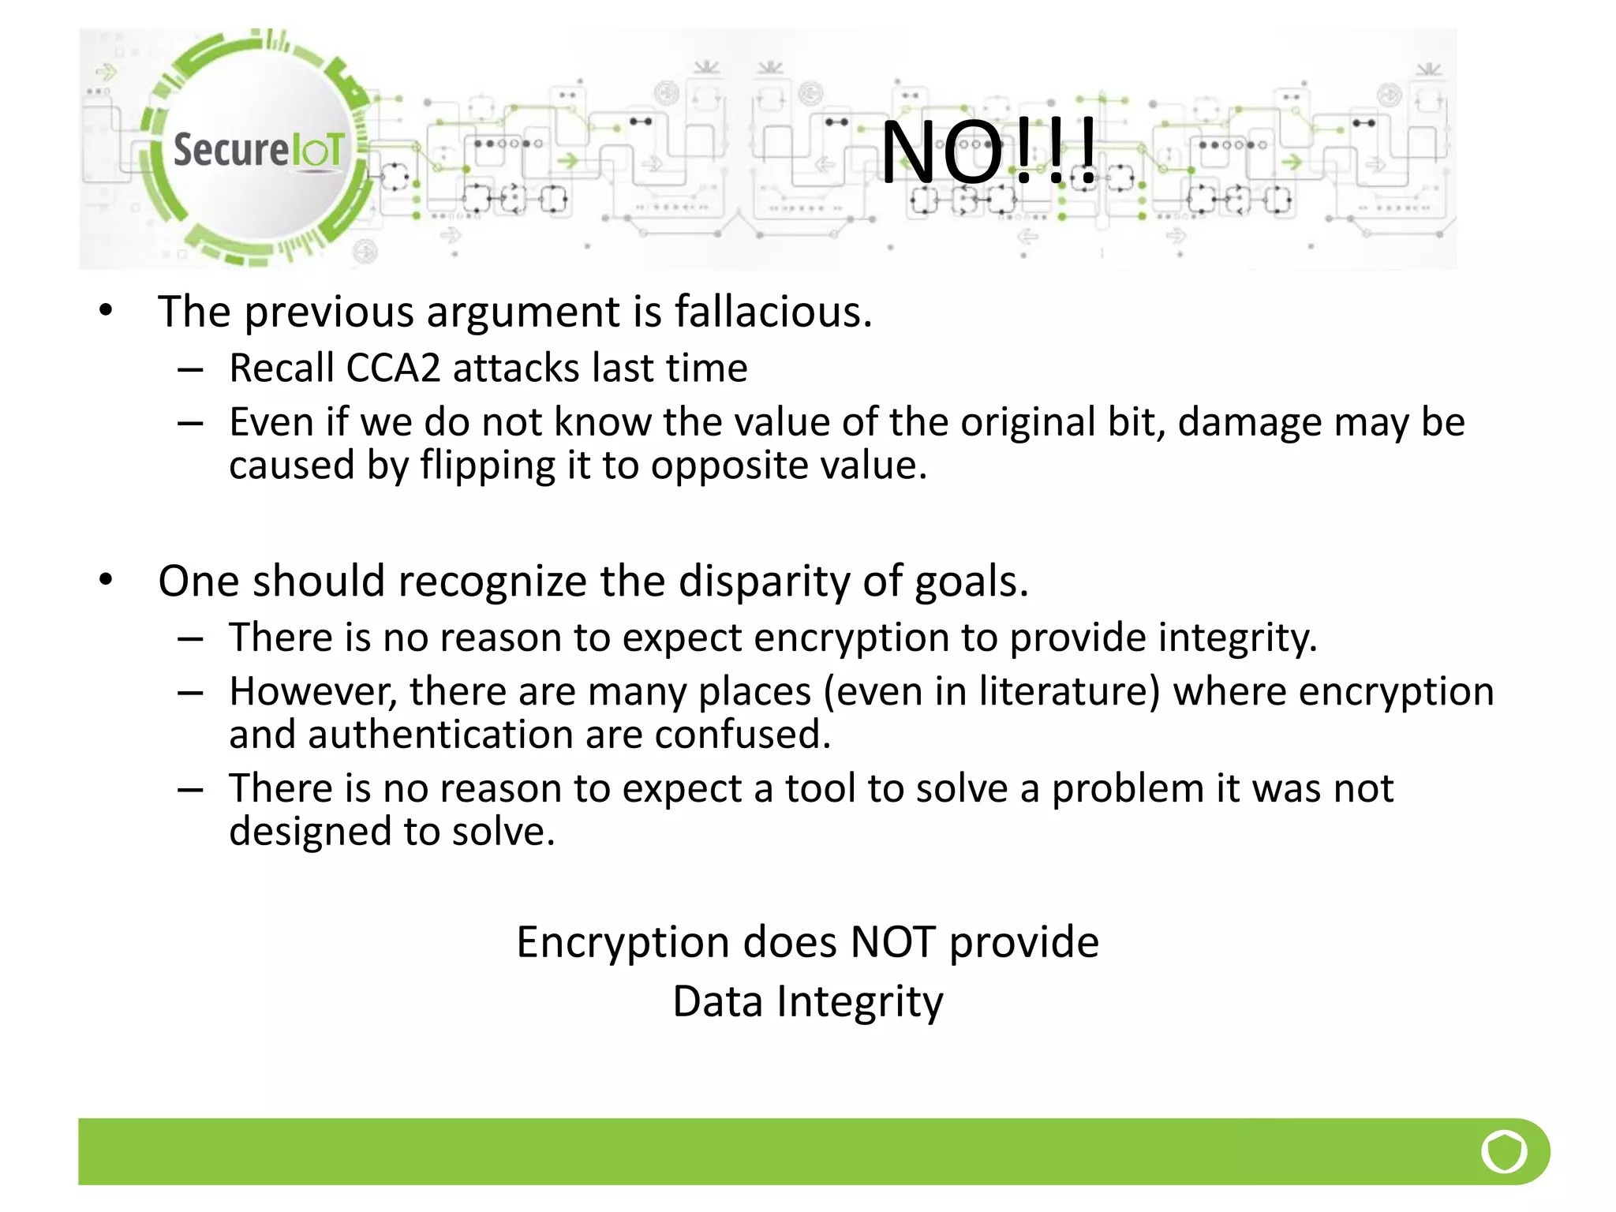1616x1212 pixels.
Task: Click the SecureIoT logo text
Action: point(259,150)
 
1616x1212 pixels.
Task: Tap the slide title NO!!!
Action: point(988,151)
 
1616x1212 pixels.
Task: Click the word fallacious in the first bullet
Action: point(772,312)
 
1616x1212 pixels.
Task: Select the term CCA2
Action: point(392,368)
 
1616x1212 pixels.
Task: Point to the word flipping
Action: point(488,466)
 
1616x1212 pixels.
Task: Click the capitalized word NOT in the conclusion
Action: point(892,942)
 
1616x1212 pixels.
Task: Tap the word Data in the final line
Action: point(717,1002)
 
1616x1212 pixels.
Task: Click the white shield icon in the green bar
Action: point(1504,1151)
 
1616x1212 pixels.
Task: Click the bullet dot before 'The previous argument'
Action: point(107,310)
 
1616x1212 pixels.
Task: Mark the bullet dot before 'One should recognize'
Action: point(107,580)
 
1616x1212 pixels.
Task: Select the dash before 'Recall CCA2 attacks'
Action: point(190,369)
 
